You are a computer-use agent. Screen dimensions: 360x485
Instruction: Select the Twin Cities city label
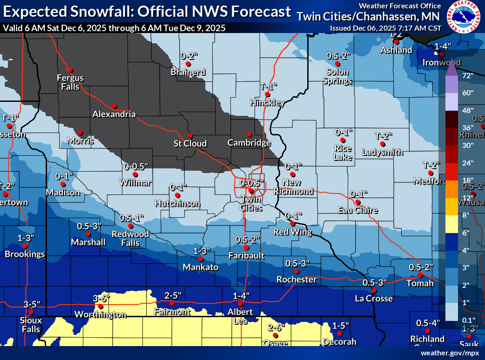coord(250,203)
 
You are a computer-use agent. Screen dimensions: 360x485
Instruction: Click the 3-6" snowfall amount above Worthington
coord(101,298)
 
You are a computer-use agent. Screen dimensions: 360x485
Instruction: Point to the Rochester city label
coord(296,280)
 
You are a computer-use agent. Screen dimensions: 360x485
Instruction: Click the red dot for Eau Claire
coord(357,202)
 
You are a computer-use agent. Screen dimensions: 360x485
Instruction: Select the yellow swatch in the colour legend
coord(451,223)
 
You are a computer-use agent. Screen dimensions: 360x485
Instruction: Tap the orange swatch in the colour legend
coord(451,188)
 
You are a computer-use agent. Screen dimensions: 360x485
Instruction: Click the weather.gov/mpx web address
coord(450,353)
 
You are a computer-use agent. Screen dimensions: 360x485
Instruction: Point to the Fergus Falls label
coord(70,82)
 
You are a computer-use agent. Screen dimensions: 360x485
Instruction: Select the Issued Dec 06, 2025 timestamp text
coord(385,28)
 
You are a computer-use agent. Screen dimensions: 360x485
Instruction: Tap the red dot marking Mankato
coord(201,259)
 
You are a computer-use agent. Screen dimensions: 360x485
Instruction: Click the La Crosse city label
coord(374,299)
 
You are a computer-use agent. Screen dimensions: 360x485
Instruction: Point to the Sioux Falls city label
coord(31,325)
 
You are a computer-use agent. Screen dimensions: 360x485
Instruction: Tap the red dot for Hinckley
coord(267,94)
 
